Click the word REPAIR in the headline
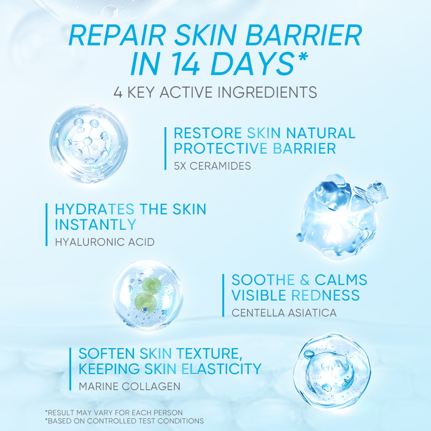tap(117, 35)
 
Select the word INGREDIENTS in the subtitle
tap(267, 92)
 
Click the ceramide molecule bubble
tap(88, 143)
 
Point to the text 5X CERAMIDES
tap(212, 166)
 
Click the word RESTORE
tap(208, 133)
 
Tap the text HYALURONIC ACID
tap(105, 242)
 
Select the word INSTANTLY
tap(96, 224)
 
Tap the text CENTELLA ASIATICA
tap(284, 313)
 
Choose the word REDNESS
tap(325, 295)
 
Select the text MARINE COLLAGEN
tap(130, 386)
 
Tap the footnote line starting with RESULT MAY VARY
tap(114, 412)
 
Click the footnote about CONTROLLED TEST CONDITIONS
tap(124, 421)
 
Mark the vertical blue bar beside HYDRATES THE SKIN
tap(46, 225)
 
